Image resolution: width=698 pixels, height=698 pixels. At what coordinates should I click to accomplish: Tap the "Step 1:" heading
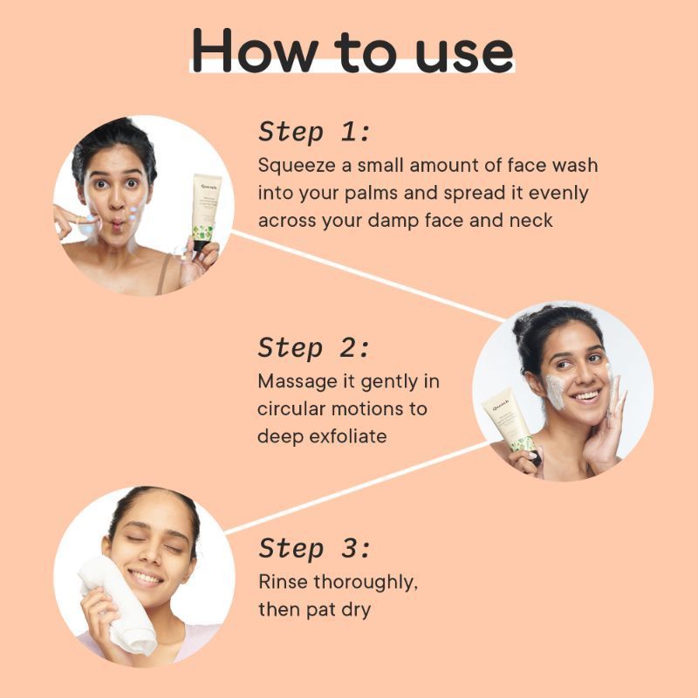pyautogui.click(x=314, y=132)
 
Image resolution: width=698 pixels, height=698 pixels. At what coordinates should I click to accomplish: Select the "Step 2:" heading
pyautogui.click(x=314, y=347)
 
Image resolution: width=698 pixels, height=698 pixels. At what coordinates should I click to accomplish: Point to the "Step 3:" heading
pyautogui.click(x=314, y=549)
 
